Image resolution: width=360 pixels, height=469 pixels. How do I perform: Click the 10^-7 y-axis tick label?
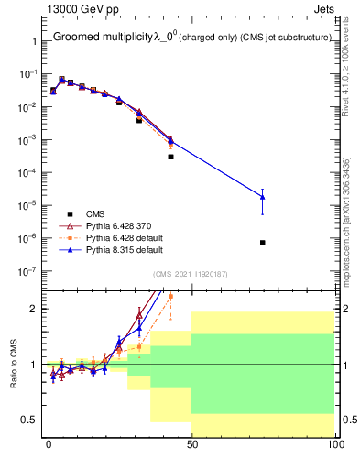(28, 271)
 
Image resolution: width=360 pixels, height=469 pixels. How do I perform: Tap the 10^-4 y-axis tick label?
(28, 173)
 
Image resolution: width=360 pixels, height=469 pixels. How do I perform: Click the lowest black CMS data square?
(263, 243)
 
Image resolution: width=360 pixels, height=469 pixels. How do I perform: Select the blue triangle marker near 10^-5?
(263, 197)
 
